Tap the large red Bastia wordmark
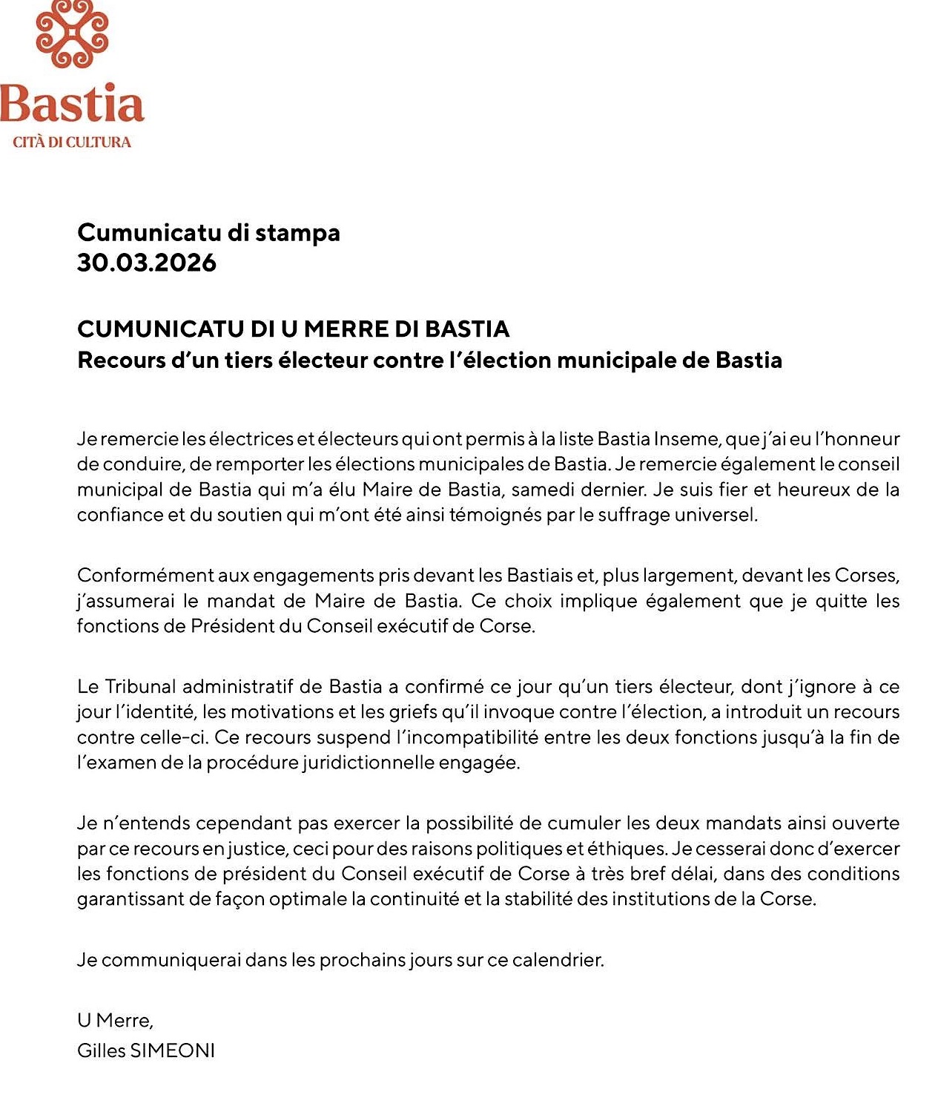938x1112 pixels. pos(72,104)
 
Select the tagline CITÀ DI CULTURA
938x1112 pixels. pos(72,142)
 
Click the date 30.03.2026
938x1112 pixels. pos(147,263)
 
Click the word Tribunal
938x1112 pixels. pos(140,686)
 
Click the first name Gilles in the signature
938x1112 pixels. pos(102,1050)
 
